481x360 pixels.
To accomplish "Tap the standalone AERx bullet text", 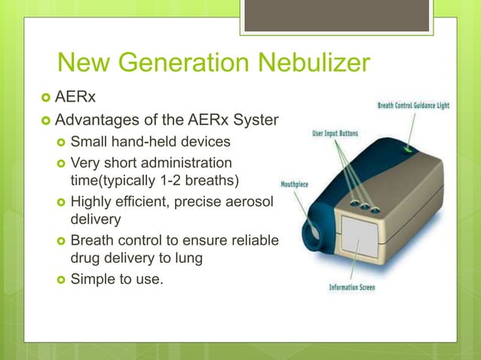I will click(x=79, y=97).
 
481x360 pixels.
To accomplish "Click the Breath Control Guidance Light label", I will click(x=413, y=105).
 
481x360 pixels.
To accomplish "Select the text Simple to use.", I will click(x=117, y=280).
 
